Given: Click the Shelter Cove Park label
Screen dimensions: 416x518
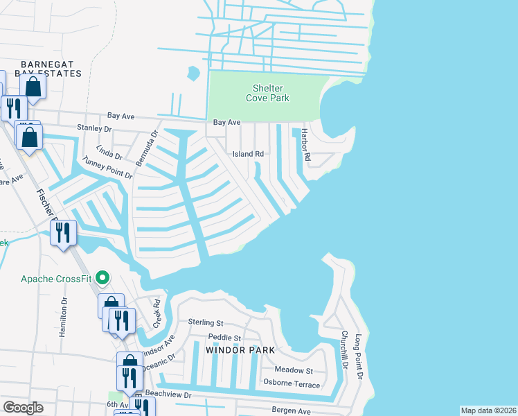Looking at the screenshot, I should click(267, 93).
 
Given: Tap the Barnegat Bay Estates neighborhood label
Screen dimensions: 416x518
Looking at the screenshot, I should click(41, 68).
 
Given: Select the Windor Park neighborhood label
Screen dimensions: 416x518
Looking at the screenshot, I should click(241, 350).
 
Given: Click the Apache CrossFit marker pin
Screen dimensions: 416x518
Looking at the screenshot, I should click(103, 279).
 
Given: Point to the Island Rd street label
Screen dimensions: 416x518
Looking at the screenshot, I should click(248, 154).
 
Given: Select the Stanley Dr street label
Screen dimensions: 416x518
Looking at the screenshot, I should click(94, 128).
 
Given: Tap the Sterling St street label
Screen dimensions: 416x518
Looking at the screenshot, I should click(206, 322).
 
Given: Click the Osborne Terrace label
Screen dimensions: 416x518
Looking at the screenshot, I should click(292, 384).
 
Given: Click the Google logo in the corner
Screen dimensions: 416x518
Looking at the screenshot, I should click(24, 408).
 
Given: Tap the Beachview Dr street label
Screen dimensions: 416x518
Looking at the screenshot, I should click(167, 394).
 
